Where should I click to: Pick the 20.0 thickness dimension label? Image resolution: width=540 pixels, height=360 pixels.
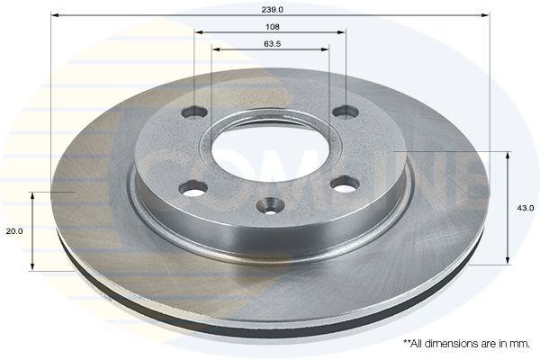click(x=13, y=231)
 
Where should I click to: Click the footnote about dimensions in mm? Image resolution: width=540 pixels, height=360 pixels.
click(x=467, y=343)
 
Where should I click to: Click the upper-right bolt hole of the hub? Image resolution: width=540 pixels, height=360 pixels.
click(x=346, y=112)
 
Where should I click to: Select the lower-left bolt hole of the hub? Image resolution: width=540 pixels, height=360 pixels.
click(x=193, y=188)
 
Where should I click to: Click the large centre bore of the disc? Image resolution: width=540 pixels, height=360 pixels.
click(x=271, y=144)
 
